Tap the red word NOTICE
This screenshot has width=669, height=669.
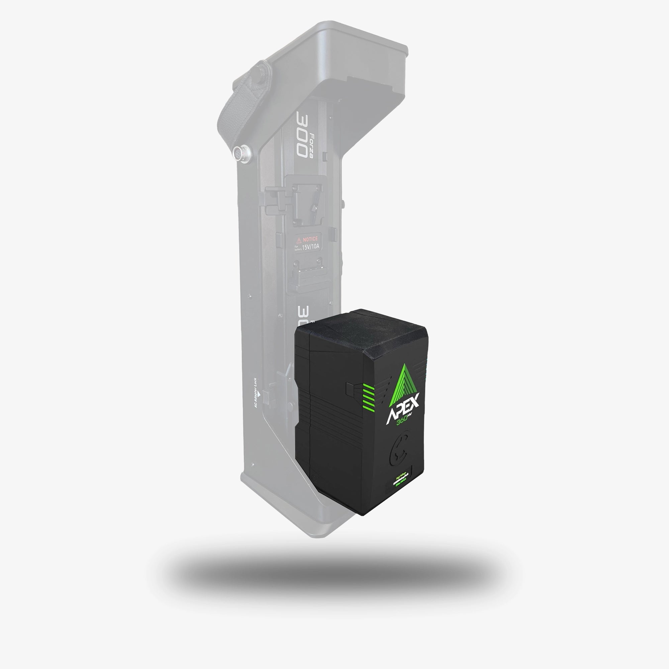tap(310, 239)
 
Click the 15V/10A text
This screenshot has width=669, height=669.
tap(311, 247)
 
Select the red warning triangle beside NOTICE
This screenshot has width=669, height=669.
tap(299, 240)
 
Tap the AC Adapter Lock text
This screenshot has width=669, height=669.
tap(256, 393)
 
